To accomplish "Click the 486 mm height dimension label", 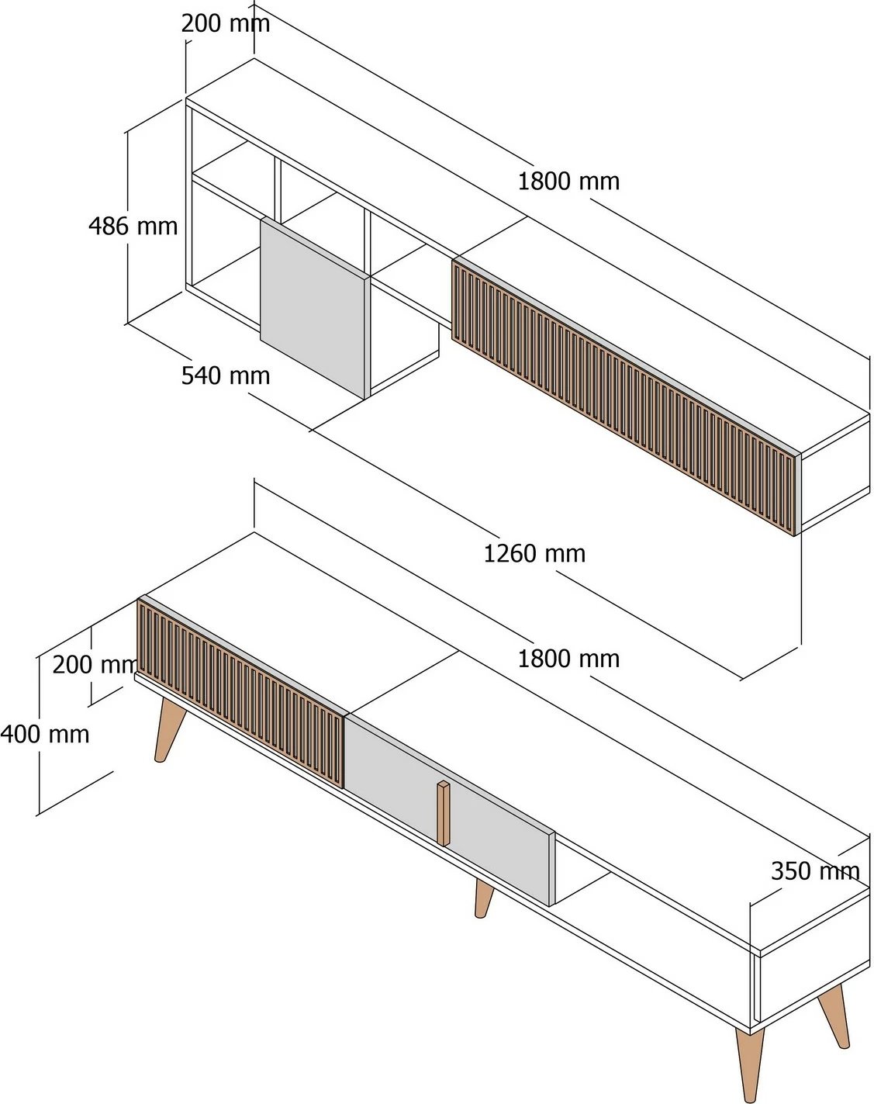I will coord(133,227).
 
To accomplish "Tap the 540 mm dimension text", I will coord(226,375).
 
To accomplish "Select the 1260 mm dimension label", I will coord(534,554).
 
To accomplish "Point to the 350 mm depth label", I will coord(815,871).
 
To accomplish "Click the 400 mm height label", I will coord(45,734).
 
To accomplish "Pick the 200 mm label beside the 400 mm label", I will coord(94,665).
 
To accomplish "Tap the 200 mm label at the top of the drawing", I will coord(226,23).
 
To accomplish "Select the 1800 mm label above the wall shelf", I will coord(568,182).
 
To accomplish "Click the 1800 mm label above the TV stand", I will coord(568,659).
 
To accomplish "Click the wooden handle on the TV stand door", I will coord(443,812).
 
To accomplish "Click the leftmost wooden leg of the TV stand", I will coord(168,729).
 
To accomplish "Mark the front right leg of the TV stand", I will coord(750,1063).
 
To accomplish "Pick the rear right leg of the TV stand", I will coord(834,1015).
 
